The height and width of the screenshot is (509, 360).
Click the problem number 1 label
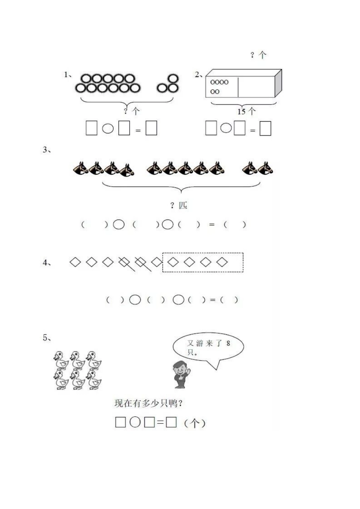[x=67, y=75]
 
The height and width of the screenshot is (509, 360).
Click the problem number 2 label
[x=198, y=75]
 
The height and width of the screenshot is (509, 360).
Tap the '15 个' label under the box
[x=246, y=111]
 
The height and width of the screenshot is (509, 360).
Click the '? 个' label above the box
[x=258, y=55]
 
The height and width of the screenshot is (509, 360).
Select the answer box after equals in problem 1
[x=151, y=128]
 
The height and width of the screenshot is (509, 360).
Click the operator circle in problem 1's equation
[x=108, y=128]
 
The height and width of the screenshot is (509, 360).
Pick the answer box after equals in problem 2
[x=265, y=128]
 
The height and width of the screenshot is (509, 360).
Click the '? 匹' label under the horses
[x=179, y=206]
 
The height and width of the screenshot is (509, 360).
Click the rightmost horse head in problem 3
[x=266, y=168]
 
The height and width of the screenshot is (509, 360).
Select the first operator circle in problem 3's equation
[x=119, y=225]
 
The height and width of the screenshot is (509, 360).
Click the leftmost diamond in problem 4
[x=75, y=262]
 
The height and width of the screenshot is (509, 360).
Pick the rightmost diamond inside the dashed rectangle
[x=222, y=262]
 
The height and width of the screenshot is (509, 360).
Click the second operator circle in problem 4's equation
[x=178, y=300]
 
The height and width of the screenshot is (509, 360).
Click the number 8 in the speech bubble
[x=228, y=343]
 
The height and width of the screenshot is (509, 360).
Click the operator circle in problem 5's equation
[x=135, y=422]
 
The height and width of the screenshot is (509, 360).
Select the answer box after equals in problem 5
[x=171, y=422]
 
